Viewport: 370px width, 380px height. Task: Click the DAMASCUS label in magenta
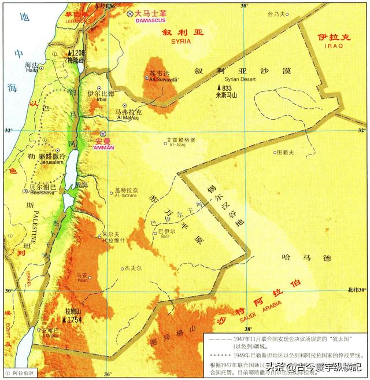149,20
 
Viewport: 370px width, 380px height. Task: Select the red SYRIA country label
183,42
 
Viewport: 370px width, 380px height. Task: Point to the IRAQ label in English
334,45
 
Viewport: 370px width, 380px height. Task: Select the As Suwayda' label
161,79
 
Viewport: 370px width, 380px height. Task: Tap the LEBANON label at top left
75,20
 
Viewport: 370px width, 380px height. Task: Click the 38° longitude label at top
244,5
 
